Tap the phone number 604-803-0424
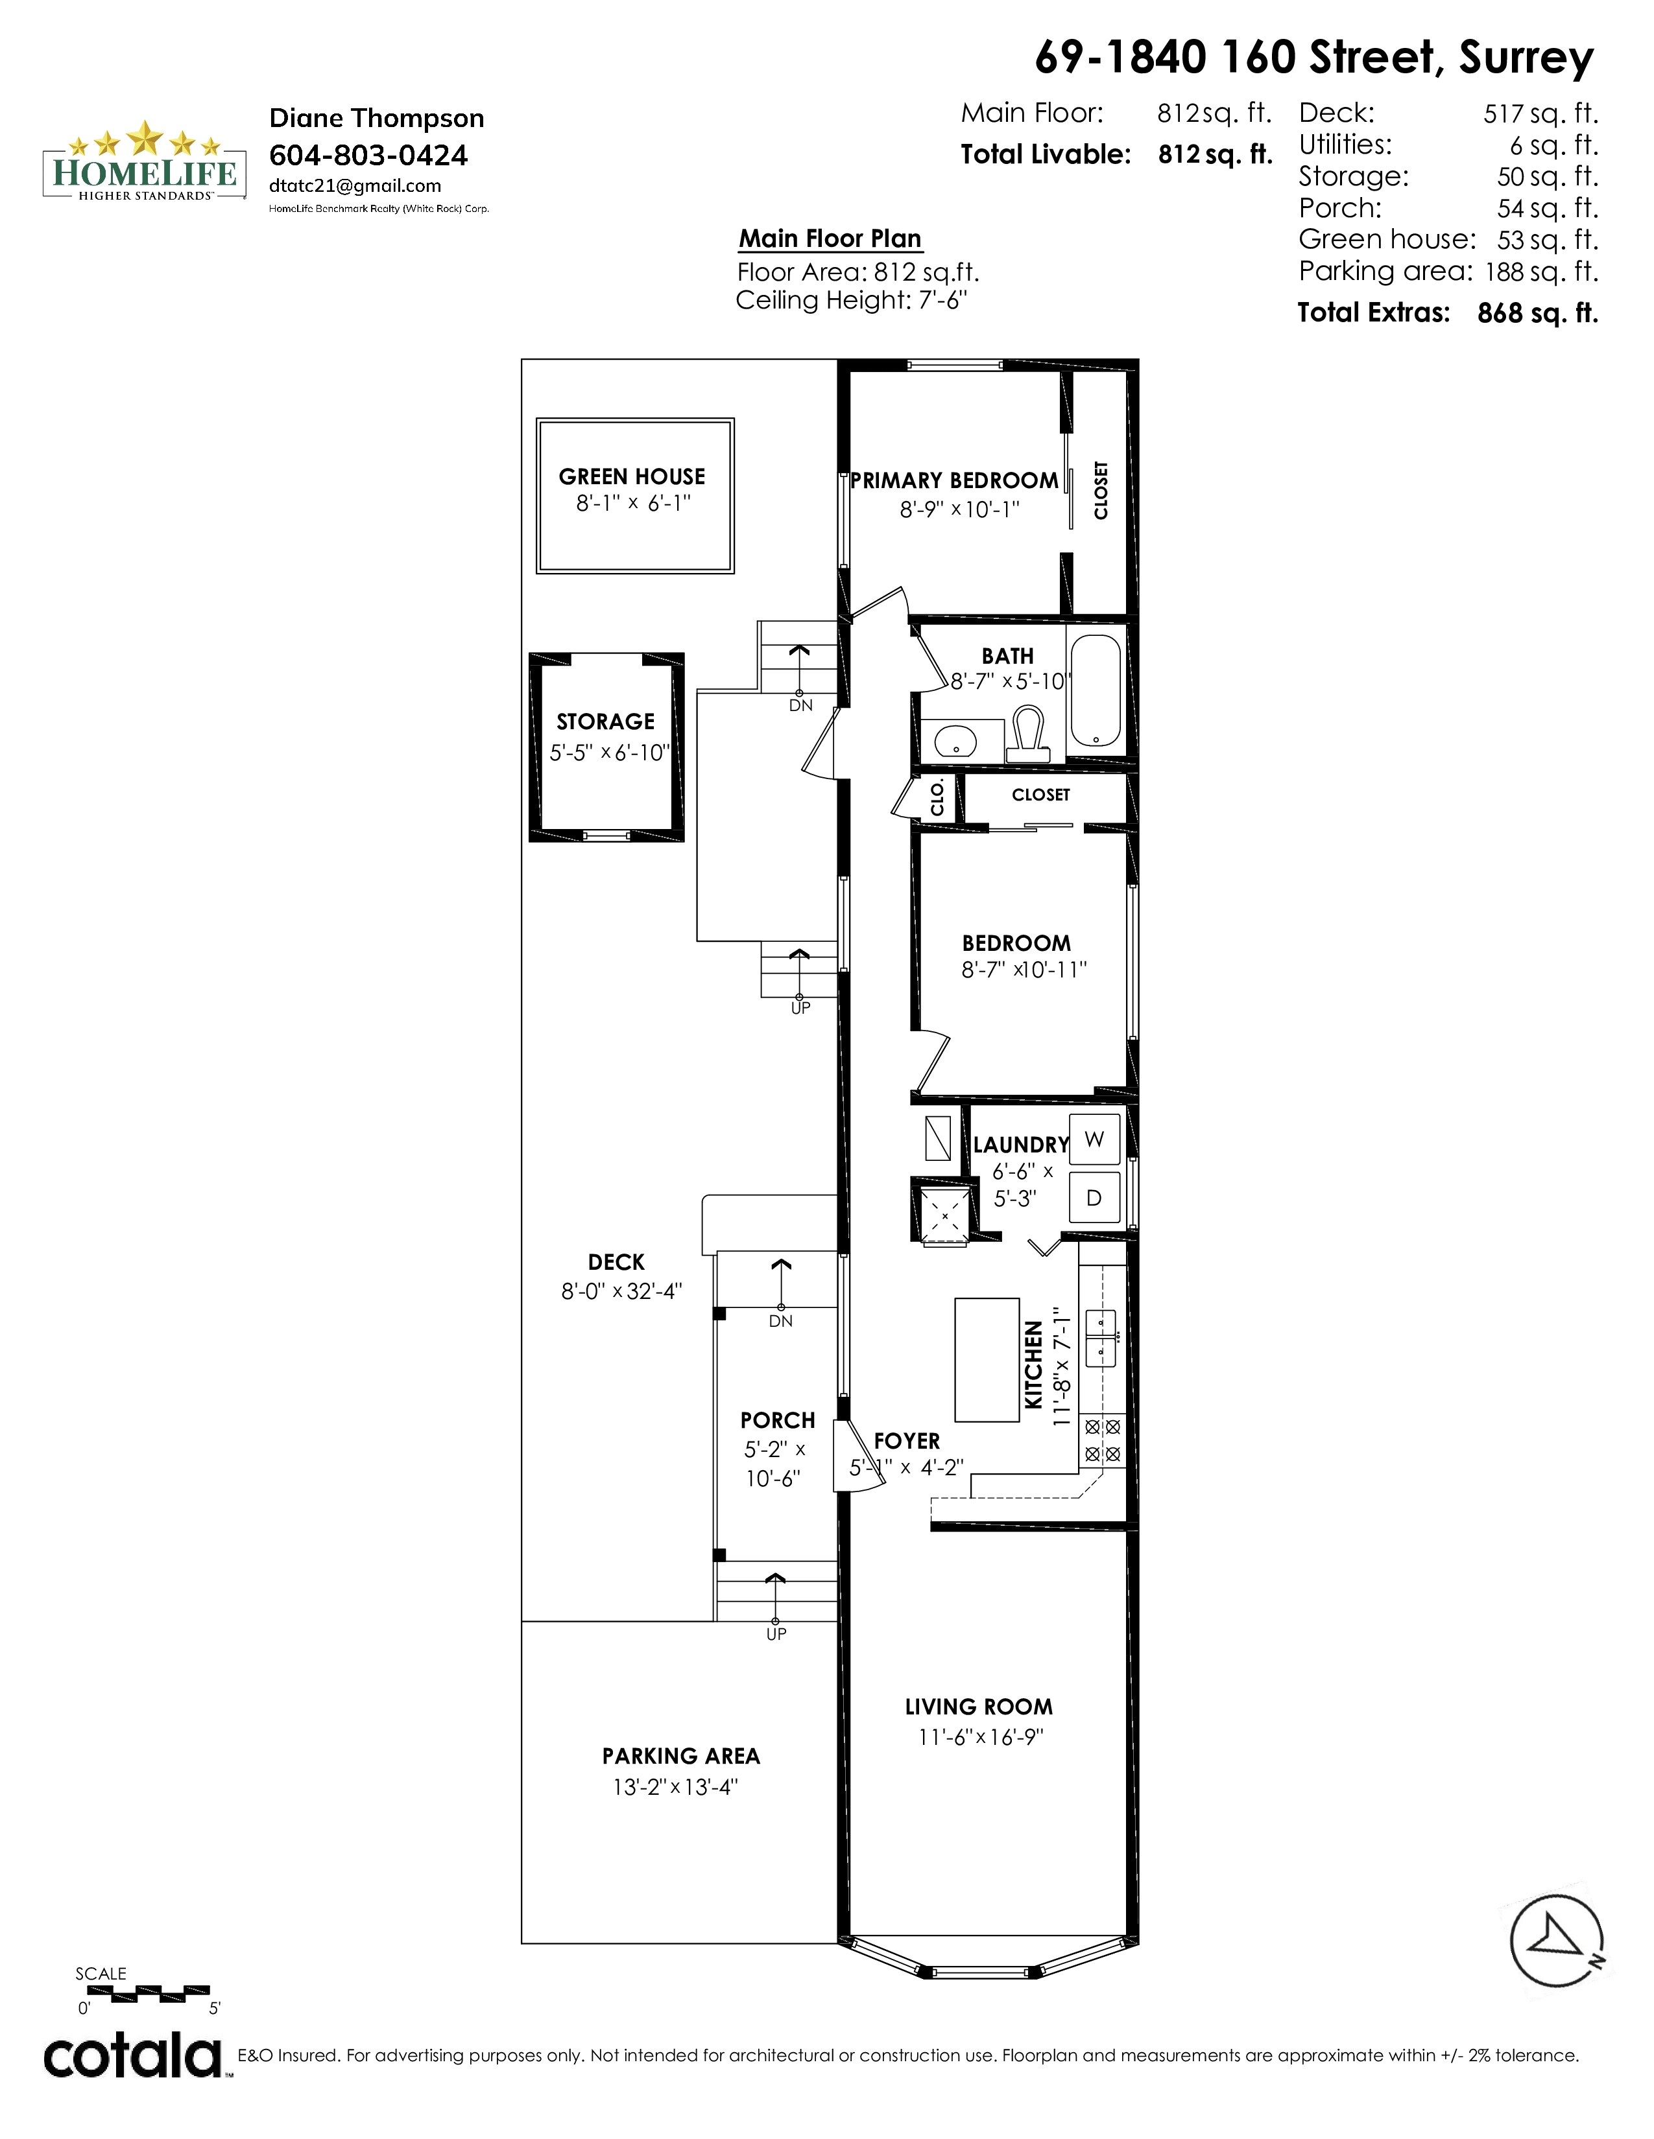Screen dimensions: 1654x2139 (x=368, y=155)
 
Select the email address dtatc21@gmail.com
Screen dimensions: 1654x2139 (x=355, y=186)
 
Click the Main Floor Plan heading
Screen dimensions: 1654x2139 (x=830, y=239)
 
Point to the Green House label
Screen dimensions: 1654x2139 (x=632, y=477)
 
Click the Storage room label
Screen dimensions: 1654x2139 (x=606, y=722)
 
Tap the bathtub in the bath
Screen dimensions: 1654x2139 (x=1096, y=690)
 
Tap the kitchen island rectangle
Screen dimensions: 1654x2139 (x=988, y=1359)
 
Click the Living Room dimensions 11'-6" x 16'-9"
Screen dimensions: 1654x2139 (x=981, y=1737)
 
